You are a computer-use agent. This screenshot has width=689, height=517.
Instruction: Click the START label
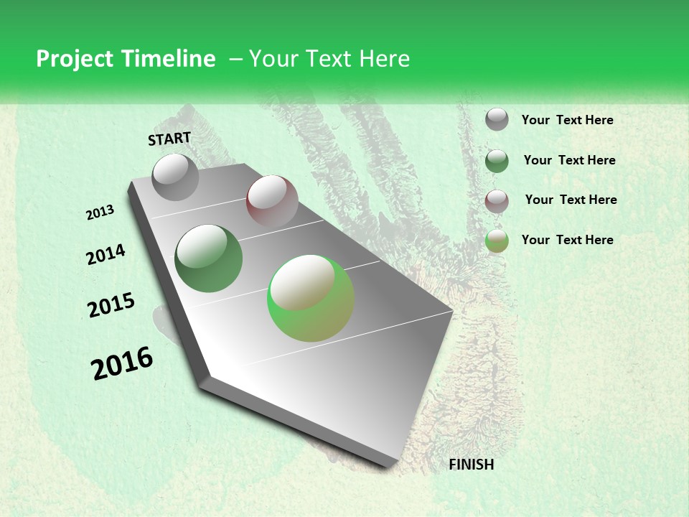coord(169,139)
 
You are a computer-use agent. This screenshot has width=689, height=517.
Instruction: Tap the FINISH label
coord(471,465)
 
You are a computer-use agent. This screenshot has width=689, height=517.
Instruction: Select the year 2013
coord(100,213)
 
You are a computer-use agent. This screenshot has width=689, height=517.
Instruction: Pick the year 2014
coord(106,255)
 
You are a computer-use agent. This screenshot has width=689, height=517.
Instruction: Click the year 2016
coord(122,363)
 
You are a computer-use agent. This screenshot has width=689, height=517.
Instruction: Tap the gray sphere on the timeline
coord(176,177)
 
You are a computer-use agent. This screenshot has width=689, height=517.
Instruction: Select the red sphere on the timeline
coord(272,201)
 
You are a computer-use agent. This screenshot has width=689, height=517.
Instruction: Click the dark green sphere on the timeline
coord(209,258)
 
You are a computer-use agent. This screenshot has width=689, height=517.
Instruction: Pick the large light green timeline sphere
coord(311,298)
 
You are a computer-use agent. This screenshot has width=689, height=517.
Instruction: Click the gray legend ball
coord(497,120)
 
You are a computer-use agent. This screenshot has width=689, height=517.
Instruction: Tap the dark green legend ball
coord(497,161)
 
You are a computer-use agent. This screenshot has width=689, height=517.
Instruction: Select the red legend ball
coord(497,200)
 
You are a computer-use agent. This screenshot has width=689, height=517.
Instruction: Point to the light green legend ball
coord(497,241)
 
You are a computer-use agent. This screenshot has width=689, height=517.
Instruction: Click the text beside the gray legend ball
coord(567,120)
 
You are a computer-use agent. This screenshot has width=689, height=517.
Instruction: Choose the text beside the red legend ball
coord(571,200)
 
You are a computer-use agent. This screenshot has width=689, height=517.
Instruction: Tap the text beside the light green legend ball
coord(567,240)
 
